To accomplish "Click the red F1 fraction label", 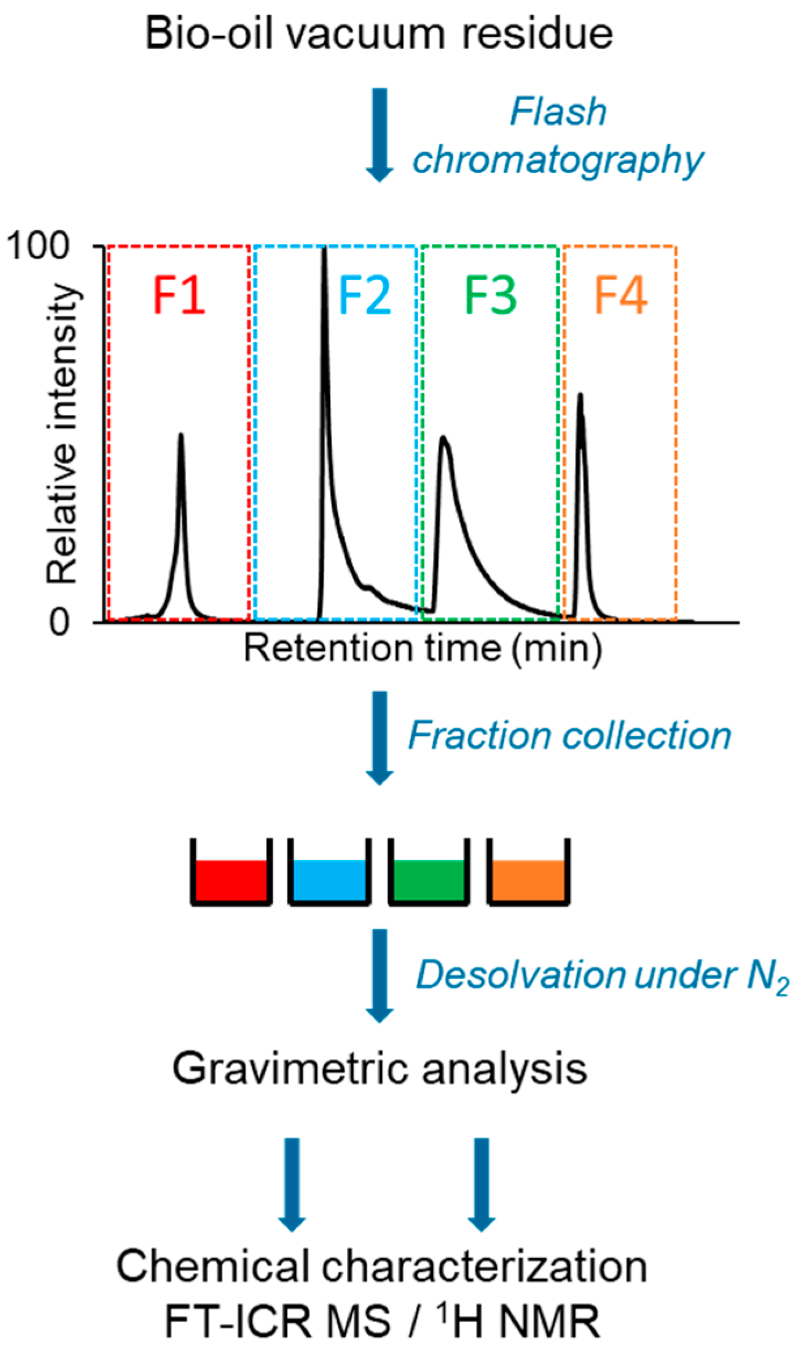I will (179, 295).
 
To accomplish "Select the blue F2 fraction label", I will (365, 295).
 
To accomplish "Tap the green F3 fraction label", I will (490, 295).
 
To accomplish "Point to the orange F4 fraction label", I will (620, 295).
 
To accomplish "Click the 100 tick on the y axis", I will (37, 246).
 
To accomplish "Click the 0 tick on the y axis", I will (59, 622).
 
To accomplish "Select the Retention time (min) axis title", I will (422, 648).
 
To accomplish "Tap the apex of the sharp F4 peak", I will (580, 395).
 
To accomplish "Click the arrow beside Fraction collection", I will (379, 738).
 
